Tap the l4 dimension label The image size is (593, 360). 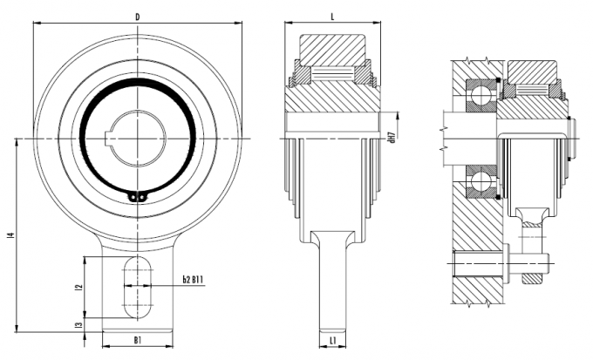(x=9, y=234)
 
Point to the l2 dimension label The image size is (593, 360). (x=78, y=287)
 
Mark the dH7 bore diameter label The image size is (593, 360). (x=393, y=139)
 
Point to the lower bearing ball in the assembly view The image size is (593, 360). (x=479, y=183)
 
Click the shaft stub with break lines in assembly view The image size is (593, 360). (x=467, y=137)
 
